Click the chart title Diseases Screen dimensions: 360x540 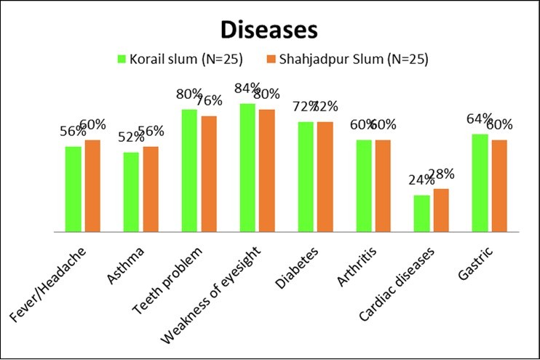(270, 31)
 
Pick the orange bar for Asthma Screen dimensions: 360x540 (151, 189)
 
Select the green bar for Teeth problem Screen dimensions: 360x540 (189, 171)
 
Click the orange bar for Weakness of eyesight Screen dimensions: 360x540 (266, 171)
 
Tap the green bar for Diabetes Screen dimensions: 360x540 (306, 177)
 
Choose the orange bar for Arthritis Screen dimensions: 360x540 (383, 185)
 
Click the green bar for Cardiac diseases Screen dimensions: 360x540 (422, 213)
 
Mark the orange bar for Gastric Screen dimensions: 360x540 (499, 185)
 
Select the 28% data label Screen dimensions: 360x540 (442, 174)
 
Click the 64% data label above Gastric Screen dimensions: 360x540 (480, 119)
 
